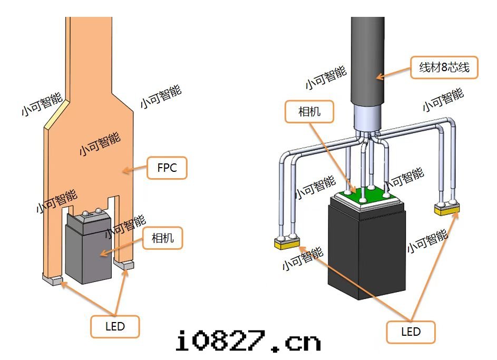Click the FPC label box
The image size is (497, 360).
coord(167,168)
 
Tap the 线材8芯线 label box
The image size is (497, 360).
coord(444,67)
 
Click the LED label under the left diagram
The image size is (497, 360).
coord(115,326)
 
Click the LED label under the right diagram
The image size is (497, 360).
coord(411,332)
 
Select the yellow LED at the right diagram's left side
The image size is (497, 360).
coord(286,244)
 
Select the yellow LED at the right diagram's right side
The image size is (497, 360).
coord(447,209)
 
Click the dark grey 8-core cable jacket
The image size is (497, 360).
coord(367,58)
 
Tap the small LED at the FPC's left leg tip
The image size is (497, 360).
coord(53,280)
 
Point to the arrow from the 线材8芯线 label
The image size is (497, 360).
coord(393,73)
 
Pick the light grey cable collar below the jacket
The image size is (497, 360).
coord(367,116)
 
